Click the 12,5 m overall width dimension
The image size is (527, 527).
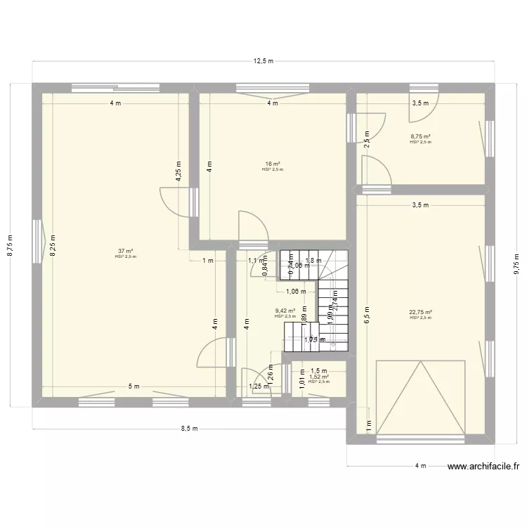(x=263, y=61)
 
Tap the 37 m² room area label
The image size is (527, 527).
(x=126, y=251)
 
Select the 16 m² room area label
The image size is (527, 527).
(x=272, y=164)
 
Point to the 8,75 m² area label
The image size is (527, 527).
(x=420, y=137)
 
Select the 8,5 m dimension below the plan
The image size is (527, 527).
(x=190, y=429)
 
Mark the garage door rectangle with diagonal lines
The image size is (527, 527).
(x=421, y=398)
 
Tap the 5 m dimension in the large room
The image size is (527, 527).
(x=134, y=386)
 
